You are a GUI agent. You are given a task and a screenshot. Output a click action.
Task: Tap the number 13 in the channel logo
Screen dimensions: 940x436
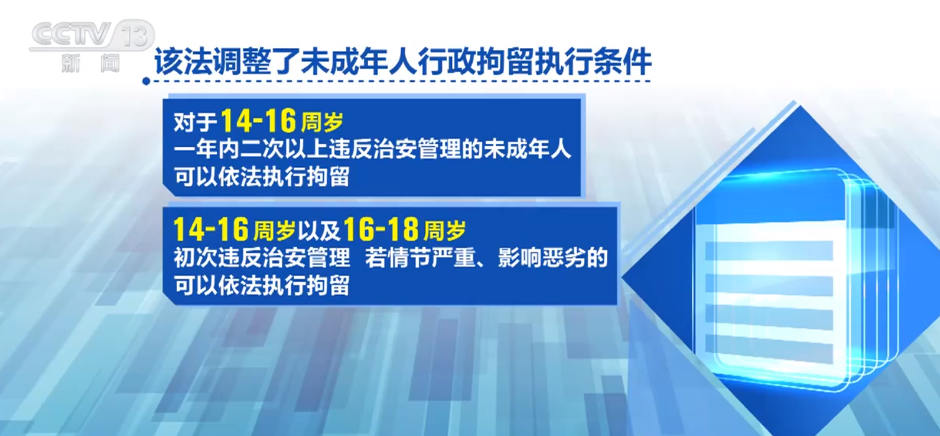[135, 34]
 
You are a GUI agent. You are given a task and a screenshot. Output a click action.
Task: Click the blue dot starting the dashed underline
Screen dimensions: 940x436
[146, 81]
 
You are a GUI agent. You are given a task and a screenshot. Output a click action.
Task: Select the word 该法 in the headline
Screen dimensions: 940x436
[183, 62]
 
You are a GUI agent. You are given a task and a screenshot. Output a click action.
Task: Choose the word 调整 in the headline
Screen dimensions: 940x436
[242, 62]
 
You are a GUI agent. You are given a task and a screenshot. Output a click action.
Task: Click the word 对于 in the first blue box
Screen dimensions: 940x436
[195, 122]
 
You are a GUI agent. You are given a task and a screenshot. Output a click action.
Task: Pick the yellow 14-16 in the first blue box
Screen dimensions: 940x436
[259, 121]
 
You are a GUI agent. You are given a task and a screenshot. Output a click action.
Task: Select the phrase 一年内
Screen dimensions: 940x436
[206, 150]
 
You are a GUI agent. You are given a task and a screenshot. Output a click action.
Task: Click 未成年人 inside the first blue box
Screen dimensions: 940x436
[528, 150]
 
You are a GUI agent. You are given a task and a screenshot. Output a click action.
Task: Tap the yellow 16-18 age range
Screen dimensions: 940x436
[381, 230]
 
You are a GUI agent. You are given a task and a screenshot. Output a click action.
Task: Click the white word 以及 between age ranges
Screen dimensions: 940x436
[318, 230]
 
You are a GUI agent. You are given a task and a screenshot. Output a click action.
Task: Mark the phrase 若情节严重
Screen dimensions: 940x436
[420, 257]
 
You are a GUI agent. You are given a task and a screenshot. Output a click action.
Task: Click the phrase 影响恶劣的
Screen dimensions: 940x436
[553, 257]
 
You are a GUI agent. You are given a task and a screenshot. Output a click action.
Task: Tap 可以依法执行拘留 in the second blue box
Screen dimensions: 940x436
[261, 286]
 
